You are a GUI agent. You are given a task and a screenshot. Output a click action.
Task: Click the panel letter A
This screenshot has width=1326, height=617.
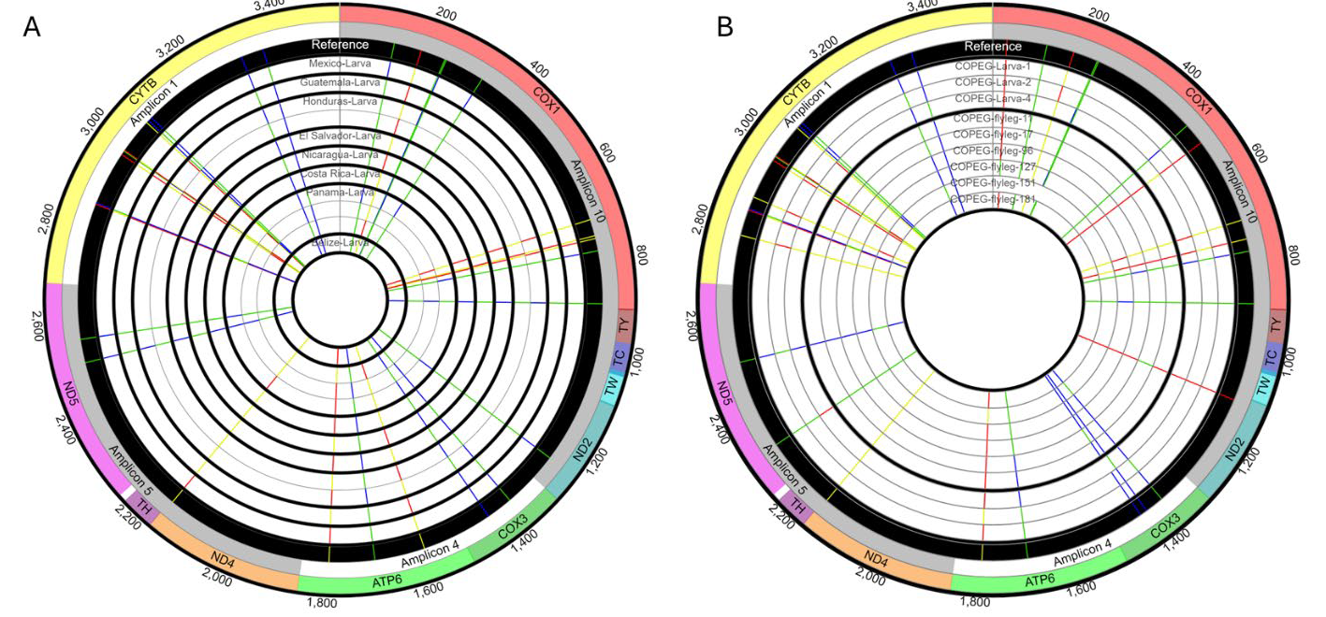click(x=32, y=27)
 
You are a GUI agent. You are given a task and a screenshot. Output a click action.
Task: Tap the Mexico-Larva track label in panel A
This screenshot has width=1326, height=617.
click(x=340, y=64)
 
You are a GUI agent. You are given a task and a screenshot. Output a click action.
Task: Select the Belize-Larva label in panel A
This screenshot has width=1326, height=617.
click(x=340, y=243)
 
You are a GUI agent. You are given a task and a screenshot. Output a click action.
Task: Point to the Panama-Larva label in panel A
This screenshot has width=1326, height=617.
click(x=340, y=192)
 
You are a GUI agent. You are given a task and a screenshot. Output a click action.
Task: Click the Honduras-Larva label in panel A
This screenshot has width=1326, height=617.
click(x=340, y=100)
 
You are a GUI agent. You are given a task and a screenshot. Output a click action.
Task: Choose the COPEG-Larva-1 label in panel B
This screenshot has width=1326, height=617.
click(x=992, y=66)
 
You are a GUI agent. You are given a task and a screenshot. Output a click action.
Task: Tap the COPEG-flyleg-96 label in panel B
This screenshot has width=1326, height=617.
click(x=992, y=151)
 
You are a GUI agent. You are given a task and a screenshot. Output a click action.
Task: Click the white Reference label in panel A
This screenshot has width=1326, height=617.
click(x=340, y=44)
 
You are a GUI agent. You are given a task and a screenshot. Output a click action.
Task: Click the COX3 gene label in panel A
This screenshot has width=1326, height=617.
click(x=513, y=529)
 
